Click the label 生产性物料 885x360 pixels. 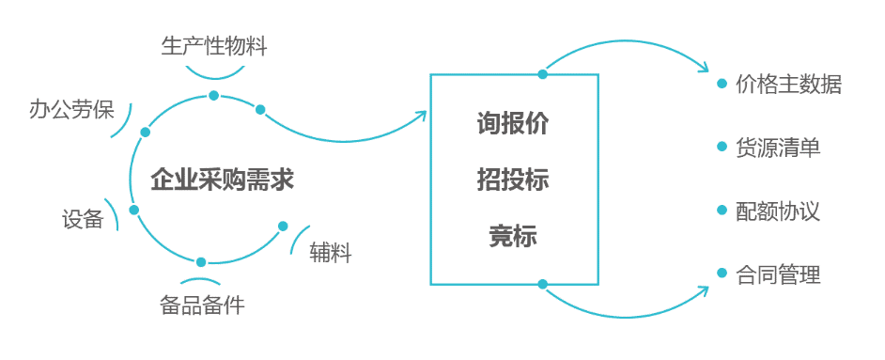click(x=214, y=46)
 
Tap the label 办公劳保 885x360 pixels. click(x=71, y=109)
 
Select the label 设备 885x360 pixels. click(x=83, y=219)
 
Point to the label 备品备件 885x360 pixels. click(x=202, y=305)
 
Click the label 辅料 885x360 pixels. click(x=330, y=254)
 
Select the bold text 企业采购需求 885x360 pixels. click(x=222, y=181)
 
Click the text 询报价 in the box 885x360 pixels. click(x=513, y=124)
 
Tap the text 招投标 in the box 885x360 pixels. click(x=513, y=180)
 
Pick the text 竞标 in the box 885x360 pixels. click(x=513, y=235)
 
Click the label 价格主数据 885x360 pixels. click(x=788, y=84)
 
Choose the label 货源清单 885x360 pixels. click(x=778, y=148)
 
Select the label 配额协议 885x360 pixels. click(x=778, y=211)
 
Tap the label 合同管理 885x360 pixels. click(x=778, y=274)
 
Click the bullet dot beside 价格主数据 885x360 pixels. click(x=722, y=84)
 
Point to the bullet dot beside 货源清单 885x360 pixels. click(x=722, y=147)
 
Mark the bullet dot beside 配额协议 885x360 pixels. click(x=722, y=210)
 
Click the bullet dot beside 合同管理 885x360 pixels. click(x=722, y=274)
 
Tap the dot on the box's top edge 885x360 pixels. click(x=542, y=74)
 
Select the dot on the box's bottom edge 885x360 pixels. click(x=542, y=284)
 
